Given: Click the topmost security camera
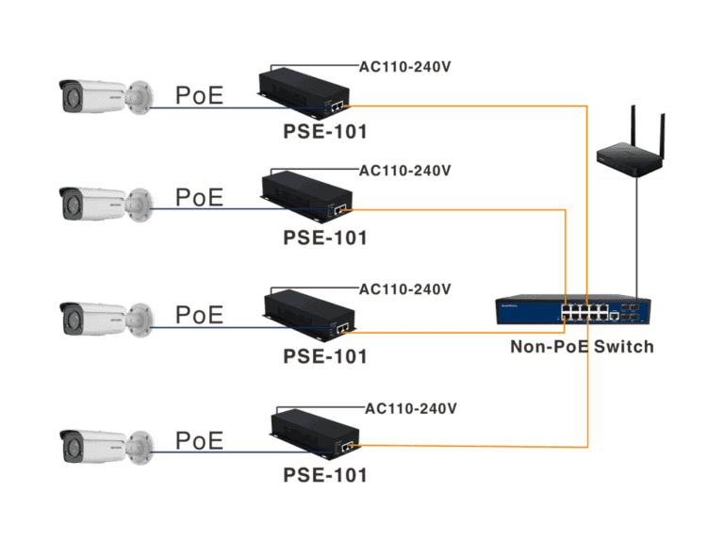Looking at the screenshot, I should click(x=104, y=97).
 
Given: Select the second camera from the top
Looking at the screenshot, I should click(x=104, y=203).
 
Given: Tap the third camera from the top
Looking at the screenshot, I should click(x=104, y=319).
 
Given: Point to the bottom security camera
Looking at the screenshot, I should click(x=104, y=445).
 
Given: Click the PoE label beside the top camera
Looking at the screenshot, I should click(x=199, y=95).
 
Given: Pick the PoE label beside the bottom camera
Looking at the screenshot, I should click(x=199, y=440).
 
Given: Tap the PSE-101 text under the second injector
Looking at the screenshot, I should click(x=324, y=238).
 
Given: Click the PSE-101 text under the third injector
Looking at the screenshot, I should click(x=324, y=356).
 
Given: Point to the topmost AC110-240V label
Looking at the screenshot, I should click(x=404, y=67).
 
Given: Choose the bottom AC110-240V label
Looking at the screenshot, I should click(x=410, y=408).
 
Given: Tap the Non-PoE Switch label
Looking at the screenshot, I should click(x=582, y=347).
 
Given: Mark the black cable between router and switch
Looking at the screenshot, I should click(x=637, y=236).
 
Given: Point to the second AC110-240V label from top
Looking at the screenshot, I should click(x=404, y=171).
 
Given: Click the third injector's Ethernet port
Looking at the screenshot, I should click(x=343, y=326).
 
